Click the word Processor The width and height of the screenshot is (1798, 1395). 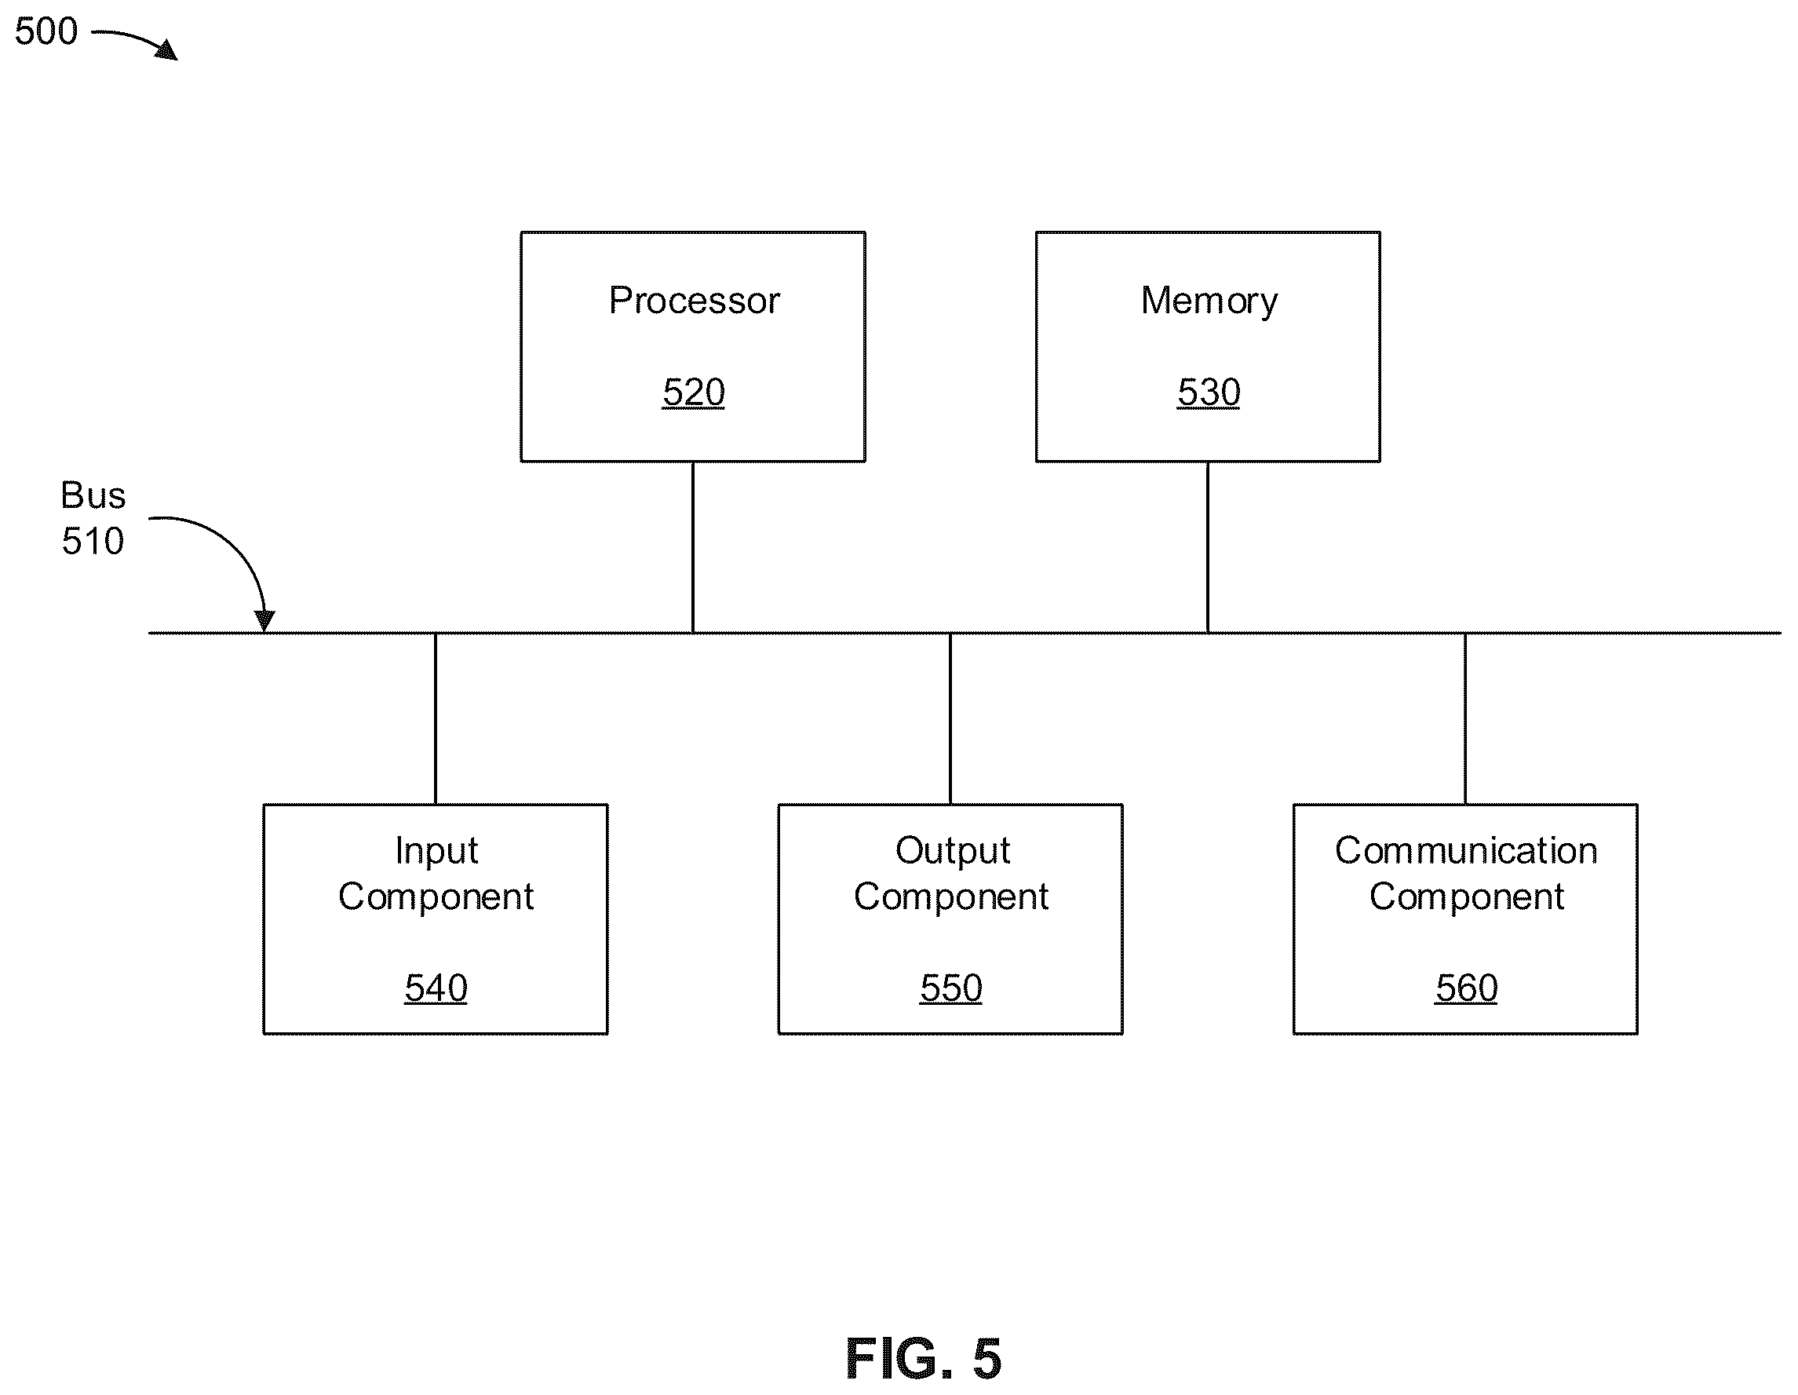tap(694, 300)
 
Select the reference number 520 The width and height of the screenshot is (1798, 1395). tap(693, 392)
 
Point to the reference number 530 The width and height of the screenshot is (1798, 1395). tap(1209, 392)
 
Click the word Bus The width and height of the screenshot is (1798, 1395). tap(93, 495)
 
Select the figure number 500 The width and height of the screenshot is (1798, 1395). tap(46, 31)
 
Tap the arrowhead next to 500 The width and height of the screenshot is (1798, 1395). tap(167, 50)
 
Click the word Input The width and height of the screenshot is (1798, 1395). tap(436, 852)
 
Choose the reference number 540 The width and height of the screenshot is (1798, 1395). tap(436, 988)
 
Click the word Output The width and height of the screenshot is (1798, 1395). tap(953, 852)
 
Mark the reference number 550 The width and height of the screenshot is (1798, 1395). tap(951, 988)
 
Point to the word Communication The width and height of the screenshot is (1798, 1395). tap(1466, 850)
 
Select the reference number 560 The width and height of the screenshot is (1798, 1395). tap(1466, 988)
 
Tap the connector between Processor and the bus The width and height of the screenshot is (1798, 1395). tap(693, 548)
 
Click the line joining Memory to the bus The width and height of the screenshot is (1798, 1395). tap(1208, 548)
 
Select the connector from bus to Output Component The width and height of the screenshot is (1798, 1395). tap(950, 719)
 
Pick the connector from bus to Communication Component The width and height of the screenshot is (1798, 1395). tap(1465, 719)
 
